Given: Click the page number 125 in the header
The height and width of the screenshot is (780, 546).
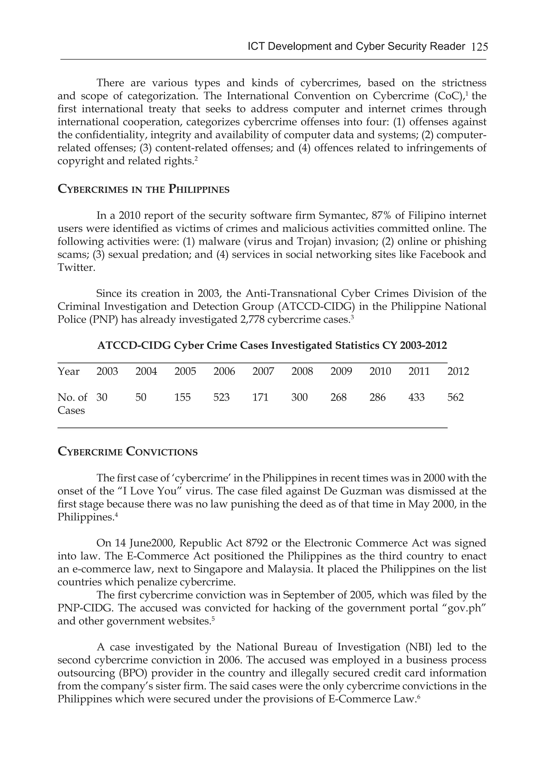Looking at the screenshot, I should point(479,47).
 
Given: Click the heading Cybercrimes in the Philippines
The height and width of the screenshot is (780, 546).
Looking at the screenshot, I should point(143,189).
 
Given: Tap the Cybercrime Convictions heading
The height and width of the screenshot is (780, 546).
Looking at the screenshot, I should point(127,452).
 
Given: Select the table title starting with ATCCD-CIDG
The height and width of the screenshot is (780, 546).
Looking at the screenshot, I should point(272,345).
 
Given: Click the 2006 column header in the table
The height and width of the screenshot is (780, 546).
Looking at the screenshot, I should point(224,371).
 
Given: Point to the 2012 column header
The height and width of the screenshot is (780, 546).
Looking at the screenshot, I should point(458,371).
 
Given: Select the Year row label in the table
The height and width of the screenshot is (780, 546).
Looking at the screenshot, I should point(68,371).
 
